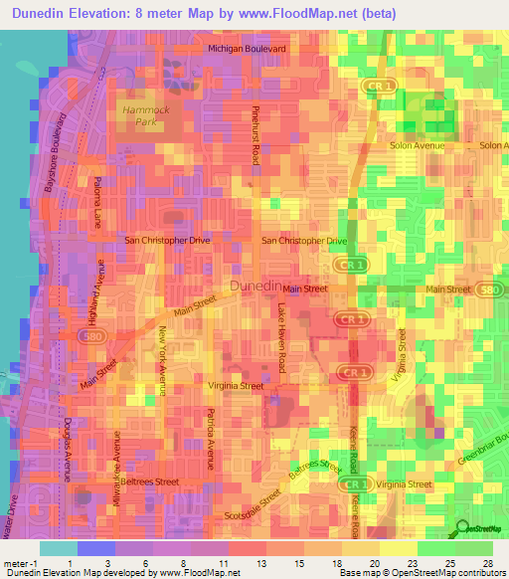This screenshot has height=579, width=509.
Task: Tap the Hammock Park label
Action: coord(140,115)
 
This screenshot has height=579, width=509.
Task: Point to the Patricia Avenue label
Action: coord(210,438)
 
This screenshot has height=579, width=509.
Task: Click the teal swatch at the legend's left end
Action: coord(58,548)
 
